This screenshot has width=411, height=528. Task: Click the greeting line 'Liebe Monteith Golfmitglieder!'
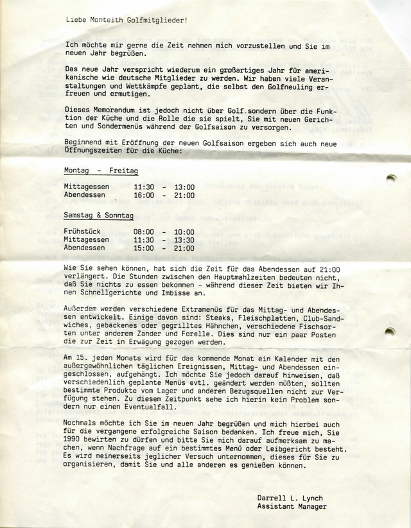(x=127, y=20)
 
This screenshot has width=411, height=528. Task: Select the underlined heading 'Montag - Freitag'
(x=101, y=172)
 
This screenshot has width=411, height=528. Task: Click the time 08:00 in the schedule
(x=144, y=232)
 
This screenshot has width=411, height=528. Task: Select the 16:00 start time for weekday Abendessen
(x=144, y=194)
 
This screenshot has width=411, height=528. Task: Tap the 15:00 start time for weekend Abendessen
(x=144, y=248)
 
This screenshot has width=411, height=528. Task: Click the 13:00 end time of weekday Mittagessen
(x=184, y=186)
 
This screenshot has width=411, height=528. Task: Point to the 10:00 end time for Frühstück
(x=184, y=232)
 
